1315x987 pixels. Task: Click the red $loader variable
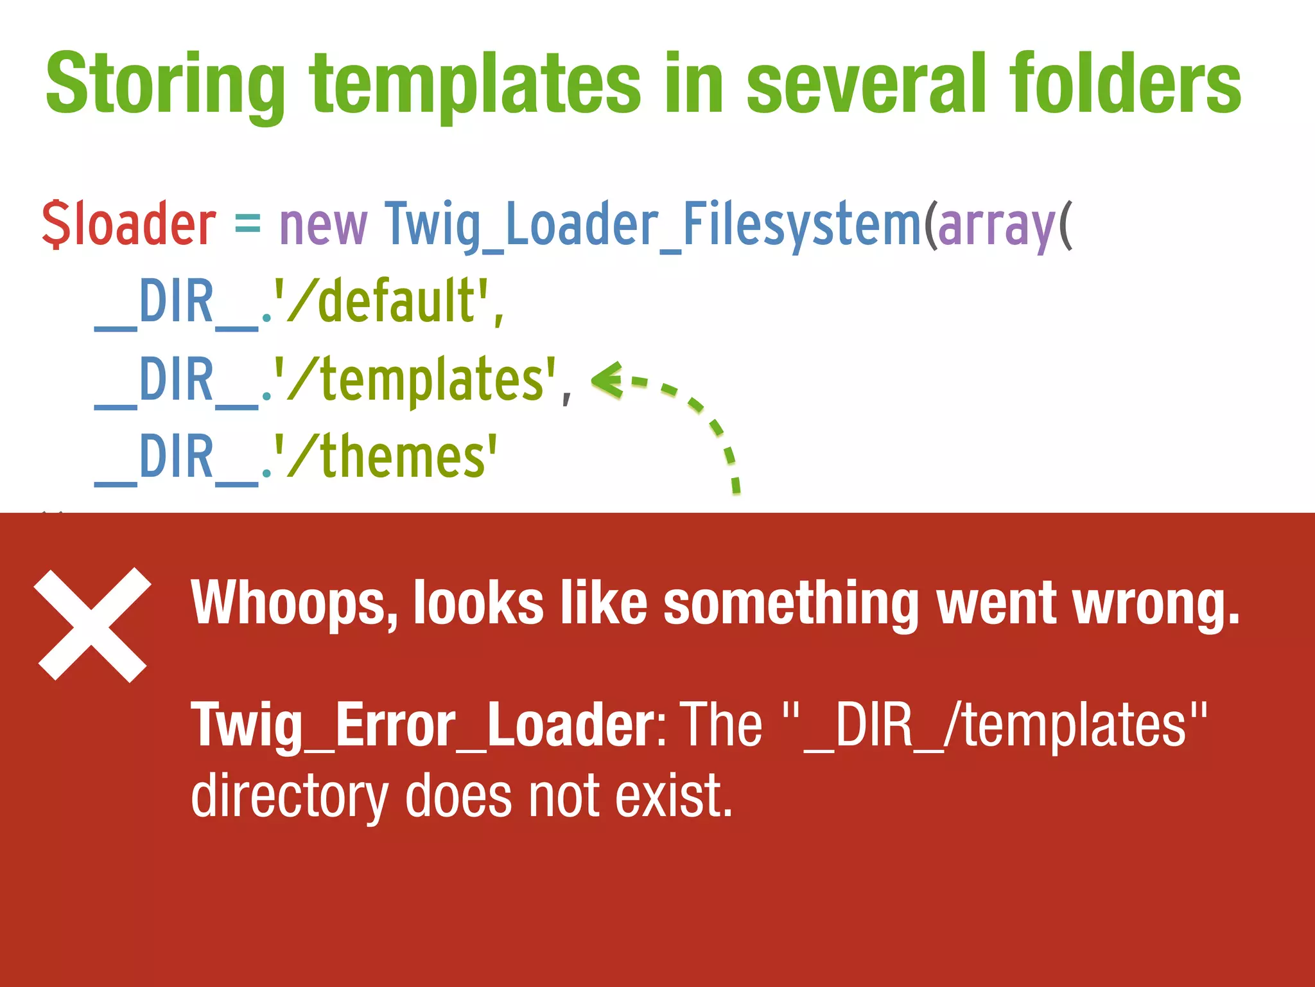[x=129, y=224]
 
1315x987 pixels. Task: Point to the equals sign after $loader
[x=248, y=224]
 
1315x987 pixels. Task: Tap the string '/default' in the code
[x=383, y=302]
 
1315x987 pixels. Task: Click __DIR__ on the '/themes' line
[x=177, y=458]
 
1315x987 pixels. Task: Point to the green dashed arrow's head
[x=607, y=380]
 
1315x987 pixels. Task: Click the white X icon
[x=92, y=625]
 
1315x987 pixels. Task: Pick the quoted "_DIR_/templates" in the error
[x=995, y=726]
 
